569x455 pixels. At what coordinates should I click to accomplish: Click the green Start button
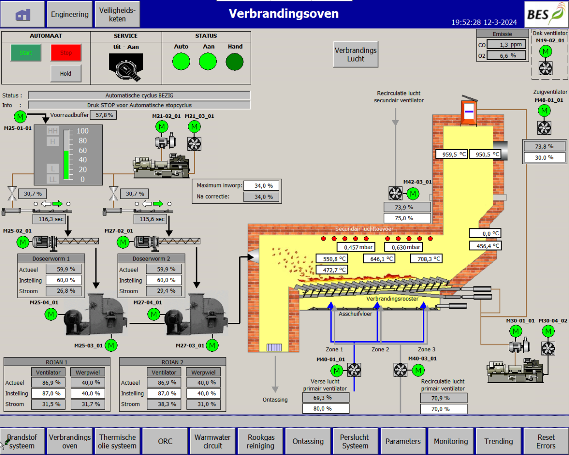(26, 53)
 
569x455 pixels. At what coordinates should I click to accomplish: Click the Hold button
(66, 73)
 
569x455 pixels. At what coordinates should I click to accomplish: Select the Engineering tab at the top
(69, 14)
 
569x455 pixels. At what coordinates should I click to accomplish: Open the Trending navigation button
(498, 441)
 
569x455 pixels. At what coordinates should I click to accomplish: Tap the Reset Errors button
(546, 441)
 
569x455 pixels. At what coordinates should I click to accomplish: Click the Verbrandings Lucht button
(355, 55)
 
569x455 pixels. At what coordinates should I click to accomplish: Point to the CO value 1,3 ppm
(507, 44)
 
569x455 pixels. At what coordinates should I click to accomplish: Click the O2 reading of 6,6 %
(507, 55)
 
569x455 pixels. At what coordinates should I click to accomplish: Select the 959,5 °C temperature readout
(451, 154)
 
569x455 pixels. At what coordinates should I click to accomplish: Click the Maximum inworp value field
(261, 186)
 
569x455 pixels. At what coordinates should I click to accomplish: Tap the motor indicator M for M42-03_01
(413, 194)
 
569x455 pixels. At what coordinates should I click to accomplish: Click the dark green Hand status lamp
(235, 61)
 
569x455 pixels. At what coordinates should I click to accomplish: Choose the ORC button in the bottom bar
(165, 441)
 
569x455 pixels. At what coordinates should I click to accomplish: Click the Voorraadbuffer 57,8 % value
(103, 115)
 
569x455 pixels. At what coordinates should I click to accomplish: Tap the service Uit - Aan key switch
(126, 67)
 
